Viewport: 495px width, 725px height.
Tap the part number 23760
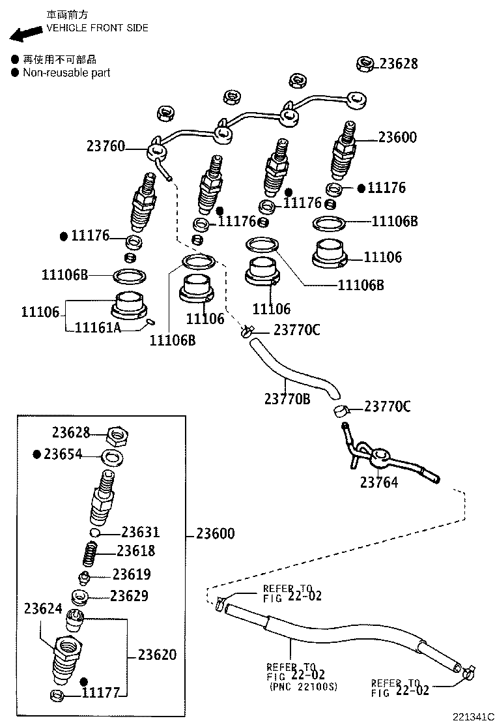105,147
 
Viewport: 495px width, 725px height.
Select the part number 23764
378,482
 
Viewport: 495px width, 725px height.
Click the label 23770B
287,398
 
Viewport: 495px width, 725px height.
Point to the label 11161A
98,327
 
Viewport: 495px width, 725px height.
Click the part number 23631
140,533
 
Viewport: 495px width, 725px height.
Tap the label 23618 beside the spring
136,551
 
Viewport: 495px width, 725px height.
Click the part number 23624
43,609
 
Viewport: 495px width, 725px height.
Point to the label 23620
156,655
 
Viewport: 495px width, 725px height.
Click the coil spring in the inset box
92,555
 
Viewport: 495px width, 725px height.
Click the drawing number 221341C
473,717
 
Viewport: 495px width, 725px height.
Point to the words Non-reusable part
66,73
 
